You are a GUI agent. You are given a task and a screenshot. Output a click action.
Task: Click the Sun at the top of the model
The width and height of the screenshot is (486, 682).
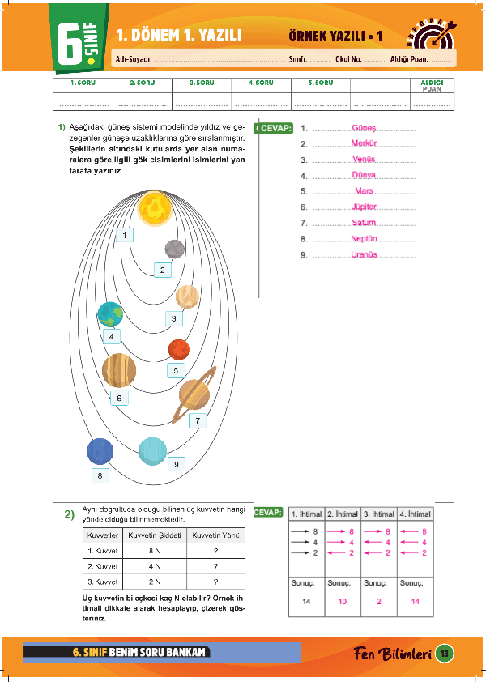coord(154,209)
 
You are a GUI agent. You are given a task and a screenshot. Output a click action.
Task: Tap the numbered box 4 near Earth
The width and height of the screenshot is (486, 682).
coord(110,335)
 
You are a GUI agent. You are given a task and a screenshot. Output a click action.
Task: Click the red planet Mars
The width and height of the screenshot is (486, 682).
coord(178,350)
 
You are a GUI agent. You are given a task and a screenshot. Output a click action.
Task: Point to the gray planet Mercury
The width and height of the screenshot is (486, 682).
coord(174,249)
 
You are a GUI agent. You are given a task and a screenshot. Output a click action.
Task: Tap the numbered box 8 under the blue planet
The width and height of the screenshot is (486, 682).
coord(100,475)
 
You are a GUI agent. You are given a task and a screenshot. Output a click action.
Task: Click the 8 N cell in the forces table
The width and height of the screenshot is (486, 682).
coord(155,550)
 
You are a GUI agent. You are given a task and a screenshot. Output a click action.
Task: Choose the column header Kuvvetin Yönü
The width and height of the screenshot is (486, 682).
coord(215,535)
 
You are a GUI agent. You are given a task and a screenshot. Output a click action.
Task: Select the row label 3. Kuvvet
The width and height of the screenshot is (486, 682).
coord(103,582)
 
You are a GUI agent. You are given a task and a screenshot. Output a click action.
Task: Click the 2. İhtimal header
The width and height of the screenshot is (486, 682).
coord(342,514)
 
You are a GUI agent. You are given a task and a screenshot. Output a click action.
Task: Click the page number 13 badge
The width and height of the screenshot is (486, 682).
coord(443,653)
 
